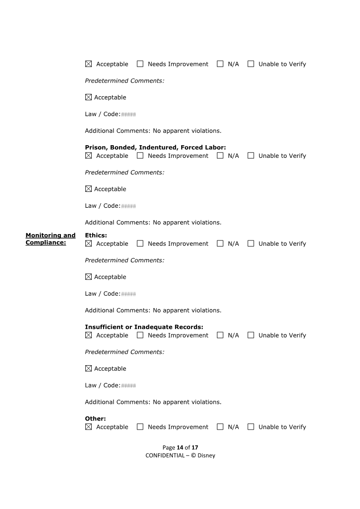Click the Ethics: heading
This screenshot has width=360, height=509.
(96, 235)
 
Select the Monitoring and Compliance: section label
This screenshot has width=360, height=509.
(50, 239)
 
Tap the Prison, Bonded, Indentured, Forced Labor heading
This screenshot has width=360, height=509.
(155, 147)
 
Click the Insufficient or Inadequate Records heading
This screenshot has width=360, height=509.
(144, 327)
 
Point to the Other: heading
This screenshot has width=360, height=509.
(95, 419)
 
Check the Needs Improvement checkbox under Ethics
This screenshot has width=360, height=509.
(140, 244)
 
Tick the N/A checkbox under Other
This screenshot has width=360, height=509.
(220, 427)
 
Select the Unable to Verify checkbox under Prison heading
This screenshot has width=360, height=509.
(251, 156)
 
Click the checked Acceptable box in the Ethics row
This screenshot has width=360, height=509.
(89, 244)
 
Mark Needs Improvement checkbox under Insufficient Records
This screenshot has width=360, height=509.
(140, 335)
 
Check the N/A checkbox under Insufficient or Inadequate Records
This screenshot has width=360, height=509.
(220, 335)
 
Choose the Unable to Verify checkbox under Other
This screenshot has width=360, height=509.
(251, 427)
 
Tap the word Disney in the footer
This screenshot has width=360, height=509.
(206, 455)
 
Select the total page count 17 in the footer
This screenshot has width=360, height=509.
(195, 447)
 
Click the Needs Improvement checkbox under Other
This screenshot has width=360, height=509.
(140, 427)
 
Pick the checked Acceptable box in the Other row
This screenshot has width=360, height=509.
(89, 427)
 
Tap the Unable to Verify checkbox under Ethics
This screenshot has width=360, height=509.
(251, 244)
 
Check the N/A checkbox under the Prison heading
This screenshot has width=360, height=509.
(220, 156)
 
